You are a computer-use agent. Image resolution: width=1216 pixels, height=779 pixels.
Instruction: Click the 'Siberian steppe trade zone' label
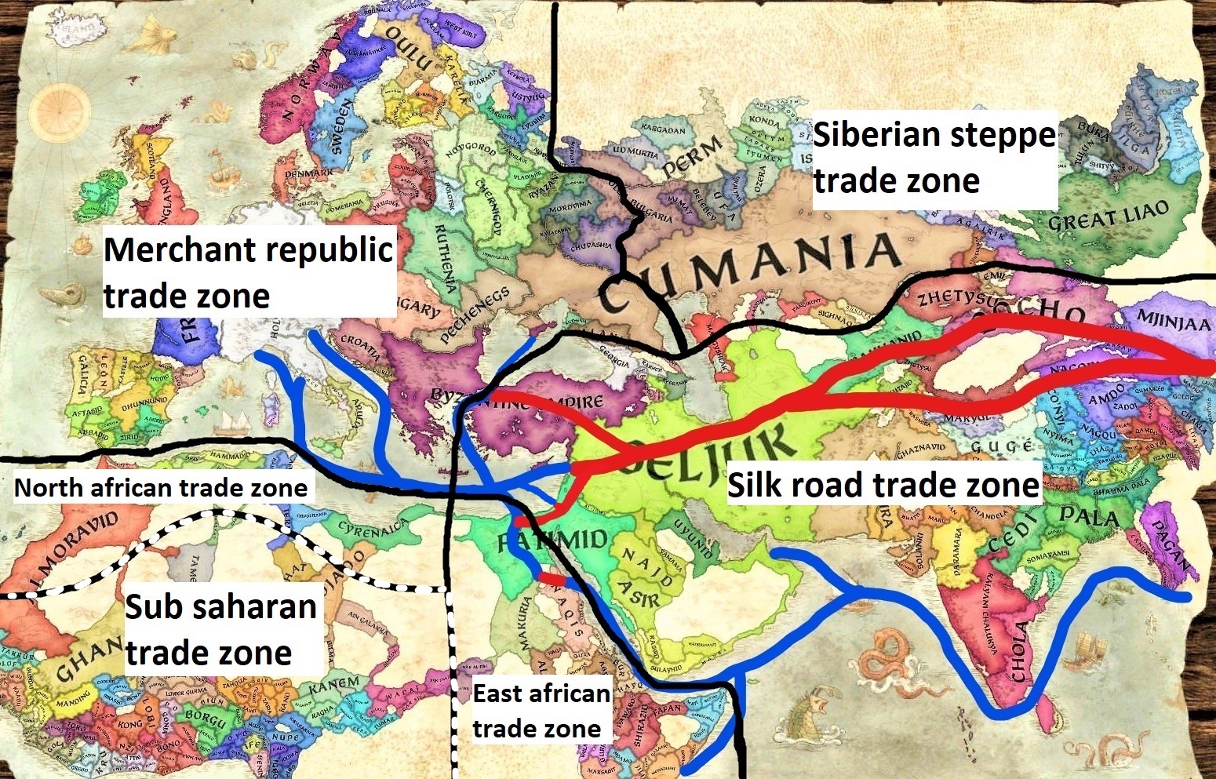coord(934,158)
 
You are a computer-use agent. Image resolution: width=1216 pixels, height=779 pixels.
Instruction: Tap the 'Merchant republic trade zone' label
coord(248,273)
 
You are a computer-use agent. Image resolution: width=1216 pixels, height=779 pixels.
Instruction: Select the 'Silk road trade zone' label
coord(883,485)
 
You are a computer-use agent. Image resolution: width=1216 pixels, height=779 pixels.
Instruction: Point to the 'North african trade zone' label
coord(161,488)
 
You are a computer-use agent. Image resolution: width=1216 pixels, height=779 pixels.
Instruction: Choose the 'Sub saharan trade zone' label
coord(221,629)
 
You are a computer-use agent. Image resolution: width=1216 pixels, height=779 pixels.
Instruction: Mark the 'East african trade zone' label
coord(541,711)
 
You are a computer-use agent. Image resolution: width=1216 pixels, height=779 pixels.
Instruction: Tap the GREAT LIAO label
coord(1108,214)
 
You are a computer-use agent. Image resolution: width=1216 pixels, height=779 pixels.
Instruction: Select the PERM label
coord(693,156)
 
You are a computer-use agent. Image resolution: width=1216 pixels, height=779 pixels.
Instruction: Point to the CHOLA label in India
coord(1020,651)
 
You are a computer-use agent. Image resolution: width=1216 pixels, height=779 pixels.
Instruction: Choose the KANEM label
coord(333,685)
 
